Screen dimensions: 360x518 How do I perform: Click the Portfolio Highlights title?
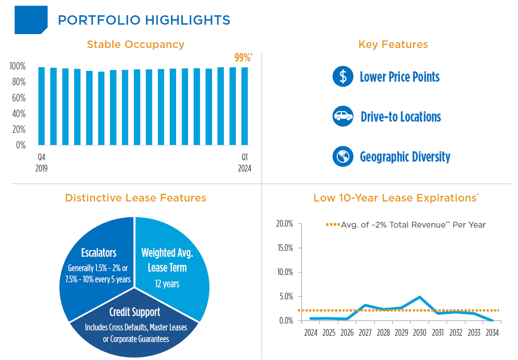point(144,20)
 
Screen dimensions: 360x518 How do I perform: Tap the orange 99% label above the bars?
point(243,58)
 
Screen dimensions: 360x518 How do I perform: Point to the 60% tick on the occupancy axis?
point(18,98)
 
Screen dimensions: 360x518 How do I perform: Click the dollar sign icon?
point(343,76)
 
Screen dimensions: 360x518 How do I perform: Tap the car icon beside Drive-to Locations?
point(343,116)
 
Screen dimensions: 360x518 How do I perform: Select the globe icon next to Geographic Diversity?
point(343,157)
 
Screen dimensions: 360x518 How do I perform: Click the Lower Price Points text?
point(399,77)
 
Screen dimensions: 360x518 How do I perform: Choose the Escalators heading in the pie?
point(99,253)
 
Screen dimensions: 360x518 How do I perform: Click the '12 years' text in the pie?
point(167,284)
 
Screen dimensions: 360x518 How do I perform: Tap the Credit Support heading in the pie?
point(135,312)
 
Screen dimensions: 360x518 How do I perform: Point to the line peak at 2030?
point(419,297)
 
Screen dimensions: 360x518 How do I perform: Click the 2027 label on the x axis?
point(365,333)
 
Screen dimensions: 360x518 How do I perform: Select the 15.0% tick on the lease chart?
point(283,248)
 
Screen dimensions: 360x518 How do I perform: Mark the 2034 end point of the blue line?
point(492,320)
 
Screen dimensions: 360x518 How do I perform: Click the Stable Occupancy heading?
point(135,44)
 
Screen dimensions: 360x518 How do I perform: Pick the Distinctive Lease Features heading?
point(135,198)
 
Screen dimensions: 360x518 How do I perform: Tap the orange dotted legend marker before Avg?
point(332,225)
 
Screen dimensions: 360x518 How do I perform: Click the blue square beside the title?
point(31,20)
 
